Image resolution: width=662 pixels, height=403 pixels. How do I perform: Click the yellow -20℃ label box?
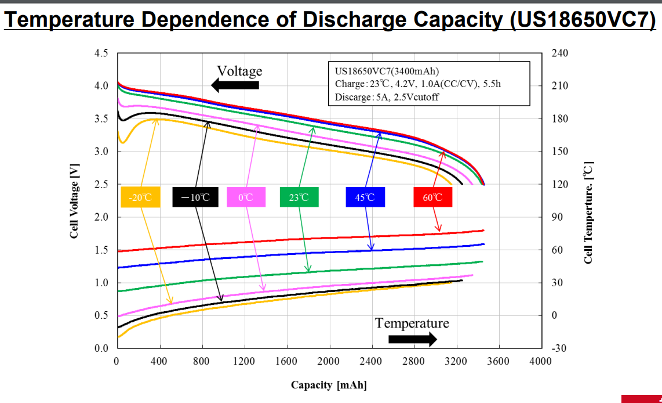(140, 197)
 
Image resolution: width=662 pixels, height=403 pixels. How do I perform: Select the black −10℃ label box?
(195, 197)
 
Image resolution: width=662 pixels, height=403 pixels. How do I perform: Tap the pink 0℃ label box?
(246, 197)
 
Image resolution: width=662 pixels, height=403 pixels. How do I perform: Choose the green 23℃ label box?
(299, 197)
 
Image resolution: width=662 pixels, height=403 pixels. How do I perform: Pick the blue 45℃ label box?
(365, 197)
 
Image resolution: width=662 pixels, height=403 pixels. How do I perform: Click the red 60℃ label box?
(432, 197)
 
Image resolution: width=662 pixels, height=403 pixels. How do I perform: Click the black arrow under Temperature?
(412, 339)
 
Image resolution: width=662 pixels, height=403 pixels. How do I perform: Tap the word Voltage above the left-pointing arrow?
(239, 71)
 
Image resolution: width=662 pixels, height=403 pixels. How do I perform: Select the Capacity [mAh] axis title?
(329, 385)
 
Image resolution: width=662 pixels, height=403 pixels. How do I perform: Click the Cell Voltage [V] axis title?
(74, 200)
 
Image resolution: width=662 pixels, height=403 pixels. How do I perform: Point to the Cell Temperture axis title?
(588, 213)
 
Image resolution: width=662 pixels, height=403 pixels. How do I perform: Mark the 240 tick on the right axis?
(561, 53)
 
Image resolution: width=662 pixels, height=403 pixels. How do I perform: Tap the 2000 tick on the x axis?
(329, 362)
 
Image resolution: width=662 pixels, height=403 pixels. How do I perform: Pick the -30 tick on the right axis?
(561, 348)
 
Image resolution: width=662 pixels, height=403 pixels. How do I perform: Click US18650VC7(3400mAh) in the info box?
(383, 71)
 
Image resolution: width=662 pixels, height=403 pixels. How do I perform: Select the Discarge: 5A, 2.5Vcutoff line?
(387, 97)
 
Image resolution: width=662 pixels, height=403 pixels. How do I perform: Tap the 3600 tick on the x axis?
(499, 362)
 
